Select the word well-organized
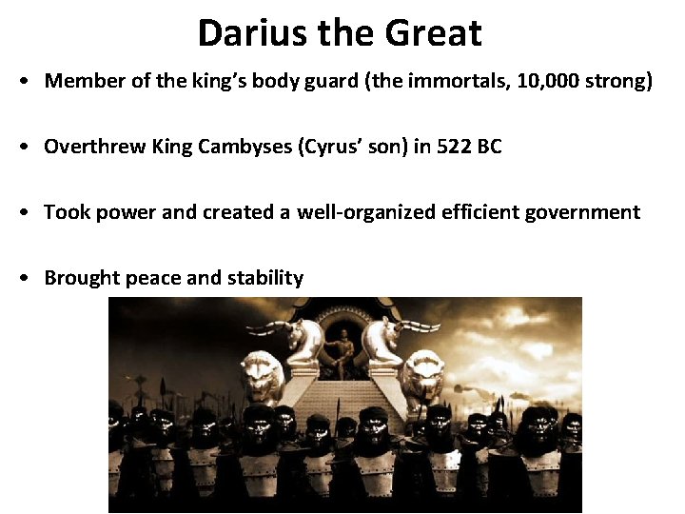[367, 212]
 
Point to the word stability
[265, 278]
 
